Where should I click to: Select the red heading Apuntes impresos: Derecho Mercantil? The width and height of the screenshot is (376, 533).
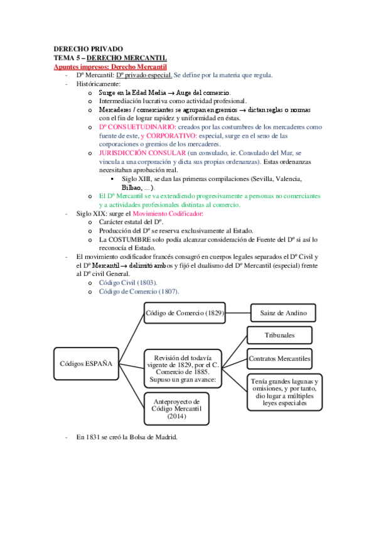tap(110, 66)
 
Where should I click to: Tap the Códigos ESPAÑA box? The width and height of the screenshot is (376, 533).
tap(85, 364)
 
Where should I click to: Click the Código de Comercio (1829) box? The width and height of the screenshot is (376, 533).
tap(185, 312)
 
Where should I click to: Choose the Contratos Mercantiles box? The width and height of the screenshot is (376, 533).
tap(279, 359)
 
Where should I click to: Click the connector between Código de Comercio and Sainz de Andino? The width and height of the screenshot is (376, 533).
tap(238, 312)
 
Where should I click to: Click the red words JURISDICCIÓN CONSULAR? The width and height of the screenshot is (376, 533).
tap(132, 153)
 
